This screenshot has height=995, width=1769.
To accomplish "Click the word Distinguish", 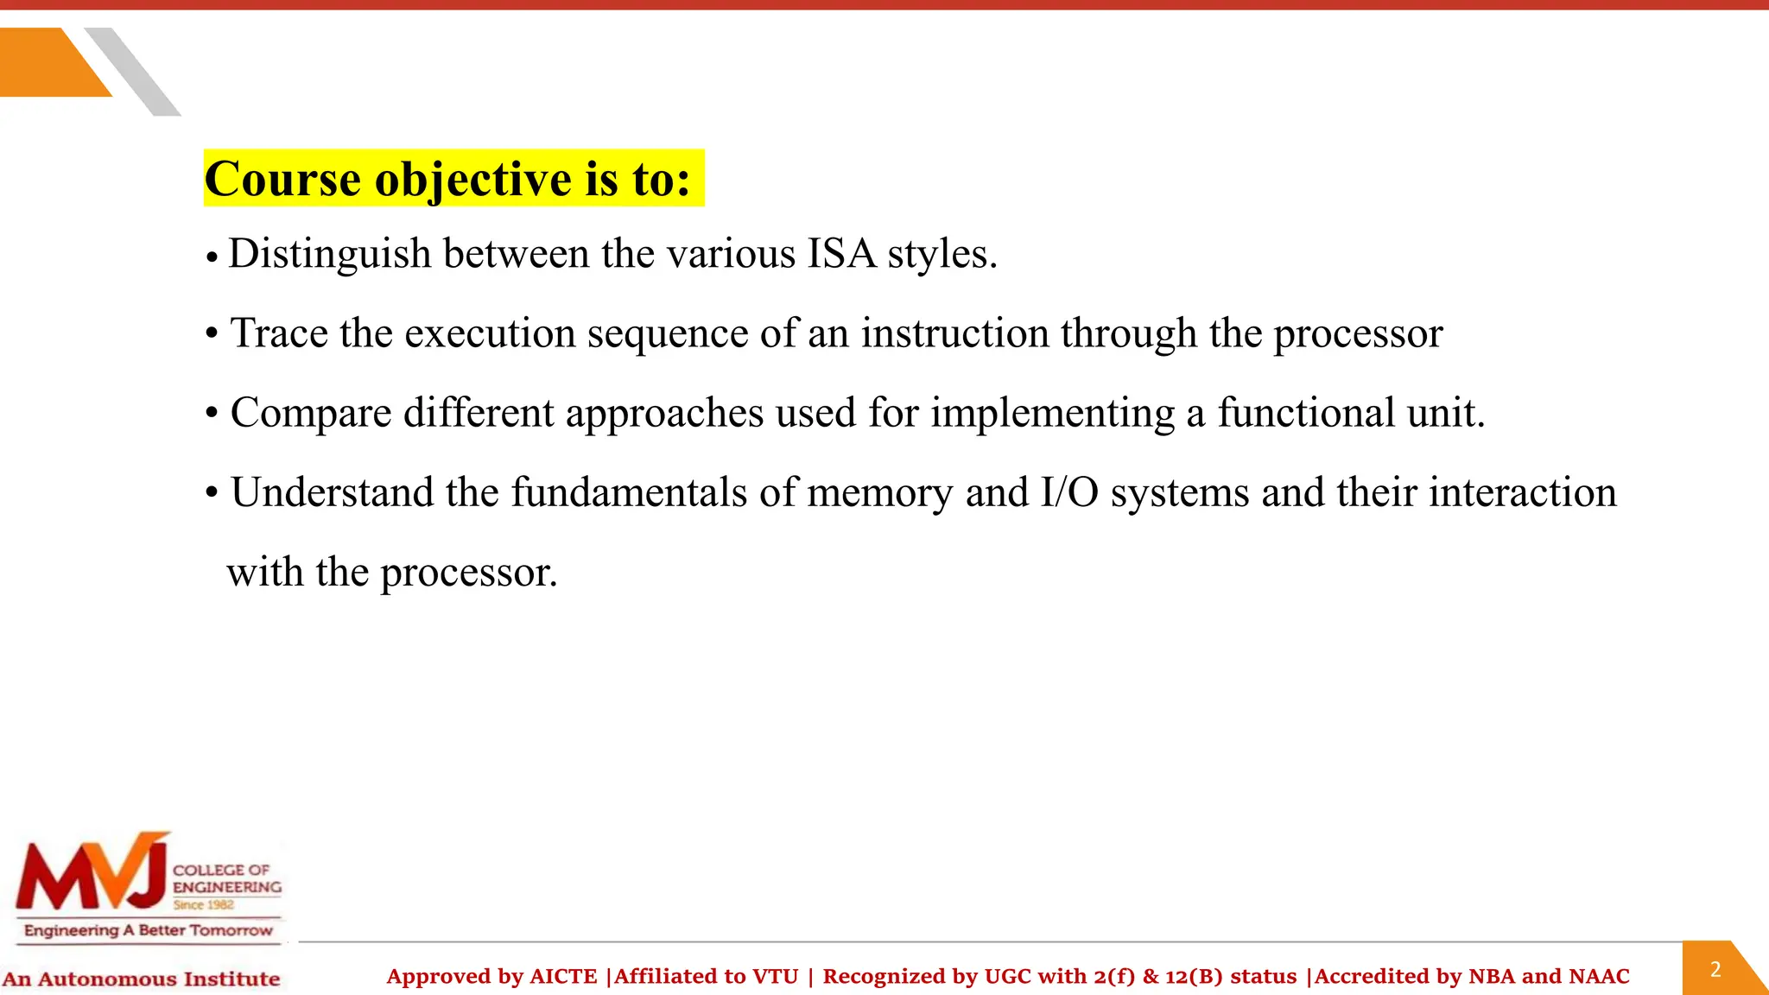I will (329, 254).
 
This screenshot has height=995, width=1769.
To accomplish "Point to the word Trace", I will (279, 333).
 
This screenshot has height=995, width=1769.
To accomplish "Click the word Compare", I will (311, 413).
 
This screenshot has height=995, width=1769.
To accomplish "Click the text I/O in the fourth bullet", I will (1069, 492).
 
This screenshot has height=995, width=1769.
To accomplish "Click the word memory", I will (879, 492).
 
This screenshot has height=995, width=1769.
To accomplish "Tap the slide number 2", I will (1715, 969).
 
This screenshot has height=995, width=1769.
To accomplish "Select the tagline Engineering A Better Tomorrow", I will (148, 930).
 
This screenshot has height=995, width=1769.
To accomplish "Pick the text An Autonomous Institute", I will (141, 979).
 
